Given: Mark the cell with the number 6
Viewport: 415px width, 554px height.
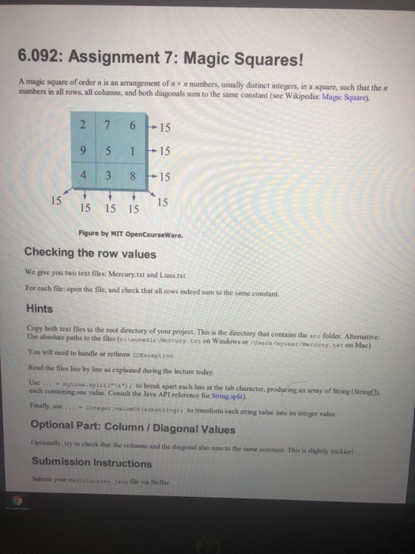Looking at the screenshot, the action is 138,124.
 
